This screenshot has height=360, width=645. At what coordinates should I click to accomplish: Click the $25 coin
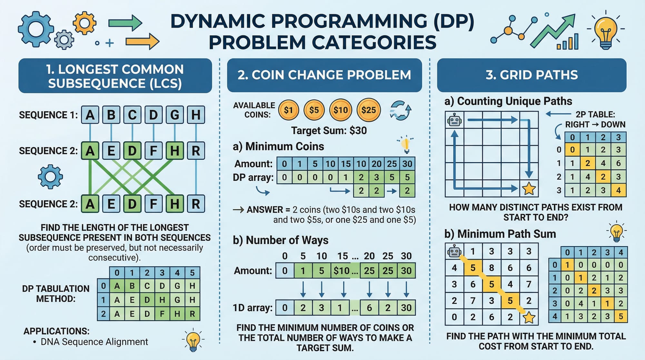click(369, 110)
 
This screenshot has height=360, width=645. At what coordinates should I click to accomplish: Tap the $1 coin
click(289, 110)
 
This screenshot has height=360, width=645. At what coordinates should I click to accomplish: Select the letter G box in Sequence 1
click(174, 115)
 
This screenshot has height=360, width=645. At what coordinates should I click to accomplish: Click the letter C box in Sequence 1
click(132, 115)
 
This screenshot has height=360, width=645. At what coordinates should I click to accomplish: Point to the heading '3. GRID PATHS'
click(531, 75)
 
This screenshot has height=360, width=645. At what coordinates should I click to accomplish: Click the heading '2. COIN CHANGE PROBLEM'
click(324, 75)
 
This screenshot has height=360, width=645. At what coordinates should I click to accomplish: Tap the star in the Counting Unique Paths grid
click(529, 188)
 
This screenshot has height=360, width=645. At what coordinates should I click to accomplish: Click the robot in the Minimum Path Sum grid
click(454, 251)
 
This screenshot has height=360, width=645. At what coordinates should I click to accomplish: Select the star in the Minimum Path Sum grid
click(529, 317)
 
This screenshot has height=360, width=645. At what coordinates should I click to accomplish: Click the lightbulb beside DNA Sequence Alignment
click(193, 341)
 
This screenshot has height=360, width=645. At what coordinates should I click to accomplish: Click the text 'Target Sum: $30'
click(329, 131)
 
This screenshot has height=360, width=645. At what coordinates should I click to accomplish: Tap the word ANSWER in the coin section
click(265, 210)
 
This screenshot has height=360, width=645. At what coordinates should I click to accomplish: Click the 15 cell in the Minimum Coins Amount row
click(346, 164)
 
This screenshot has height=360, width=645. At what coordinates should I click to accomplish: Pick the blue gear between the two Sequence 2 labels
click(50, 177)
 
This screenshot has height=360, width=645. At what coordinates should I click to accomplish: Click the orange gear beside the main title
click(84, 23)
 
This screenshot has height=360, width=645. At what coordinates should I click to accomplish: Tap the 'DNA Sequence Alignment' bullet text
click(94, 342)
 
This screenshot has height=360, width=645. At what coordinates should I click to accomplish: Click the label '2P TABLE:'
click(595, 115)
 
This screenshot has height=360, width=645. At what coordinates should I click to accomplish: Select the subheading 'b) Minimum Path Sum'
click(500, 234)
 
